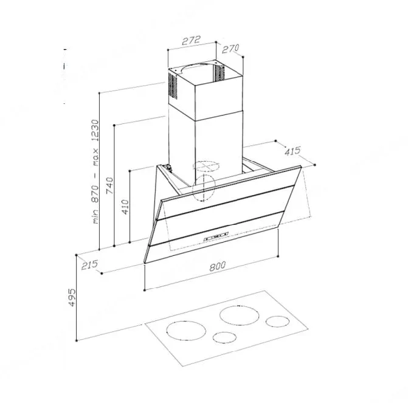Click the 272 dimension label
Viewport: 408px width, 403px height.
(192, 40)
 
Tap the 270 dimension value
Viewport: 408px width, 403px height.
(230, 49)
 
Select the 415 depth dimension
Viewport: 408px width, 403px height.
(292, 151)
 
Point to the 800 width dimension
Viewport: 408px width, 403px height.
(217, 266)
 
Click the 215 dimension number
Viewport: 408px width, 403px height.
(89, 265)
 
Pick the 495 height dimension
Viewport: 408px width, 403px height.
(72, 297)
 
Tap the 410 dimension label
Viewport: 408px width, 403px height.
(125, 207)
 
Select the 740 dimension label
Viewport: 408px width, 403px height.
(110, 185)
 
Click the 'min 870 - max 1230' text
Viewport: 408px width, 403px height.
(95, 171)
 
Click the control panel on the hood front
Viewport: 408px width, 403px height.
(216, 236)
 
